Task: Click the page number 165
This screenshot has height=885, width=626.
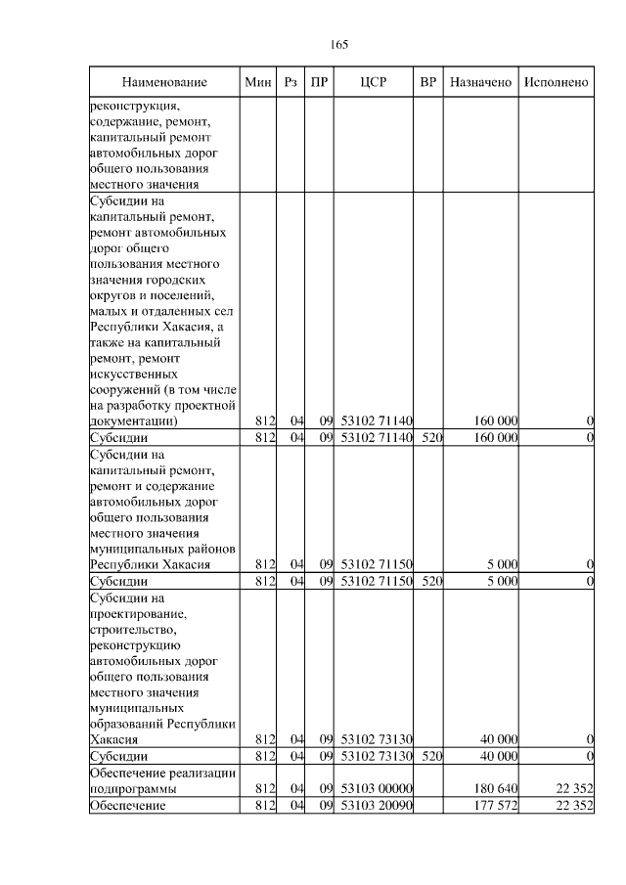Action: tap(339, 45)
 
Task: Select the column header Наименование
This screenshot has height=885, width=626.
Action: tap(164, 83)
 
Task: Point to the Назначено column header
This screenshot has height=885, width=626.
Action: tap(481, 83)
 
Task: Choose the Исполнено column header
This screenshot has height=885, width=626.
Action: tap(556, 83)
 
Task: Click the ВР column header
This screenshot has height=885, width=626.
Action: tap(427, 83)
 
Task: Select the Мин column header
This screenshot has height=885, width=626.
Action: tap(258, 83)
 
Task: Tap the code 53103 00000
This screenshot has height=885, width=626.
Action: tap(377, 788)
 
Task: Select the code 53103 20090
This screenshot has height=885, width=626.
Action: tap(377, 805)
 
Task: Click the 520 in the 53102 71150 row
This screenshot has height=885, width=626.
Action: tap(431, 582)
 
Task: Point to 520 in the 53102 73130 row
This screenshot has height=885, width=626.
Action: tap(431, 756)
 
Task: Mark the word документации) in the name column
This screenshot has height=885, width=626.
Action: tap(133, 421)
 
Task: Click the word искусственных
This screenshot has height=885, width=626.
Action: tap(133, 374)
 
